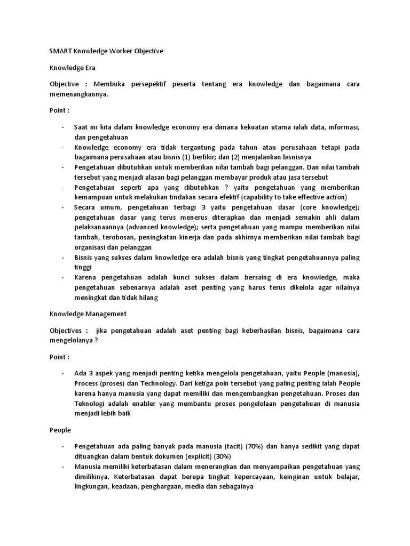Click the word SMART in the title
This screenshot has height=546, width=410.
pos(60,51)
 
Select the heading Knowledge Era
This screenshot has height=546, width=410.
pos(72,68)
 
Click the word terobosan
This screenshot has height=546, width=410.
pos(117,237)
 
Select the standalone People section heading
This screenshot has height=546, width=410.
pos(60,429)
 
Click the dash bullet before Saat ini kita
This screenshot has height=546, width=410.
pos(62,126)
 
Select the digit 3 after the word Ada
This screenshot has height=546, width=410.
pos(90,373)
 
